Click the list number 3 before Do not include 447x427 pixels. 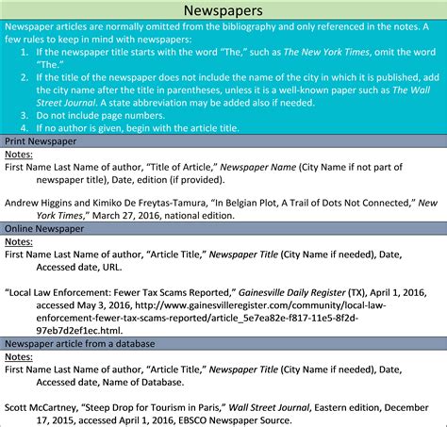25,114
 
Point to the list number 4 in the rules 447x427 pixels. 25,126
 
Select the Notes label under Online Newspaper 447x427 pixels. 20,241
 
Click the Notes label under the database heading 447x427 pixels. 20,357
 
